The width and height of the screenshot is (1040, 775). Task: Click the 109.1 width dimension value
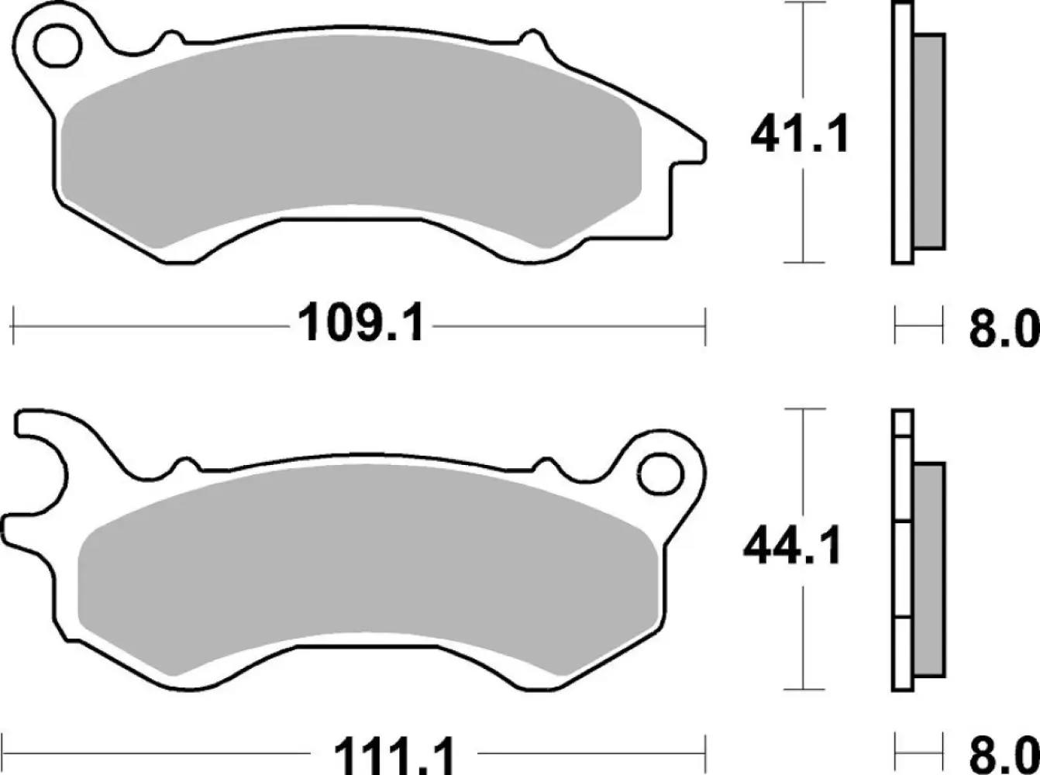361,324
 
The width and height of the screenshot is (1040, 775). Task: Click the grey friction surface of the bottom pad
372,558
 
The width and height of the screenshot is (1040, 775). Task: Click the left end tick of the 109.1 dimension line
15,325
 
